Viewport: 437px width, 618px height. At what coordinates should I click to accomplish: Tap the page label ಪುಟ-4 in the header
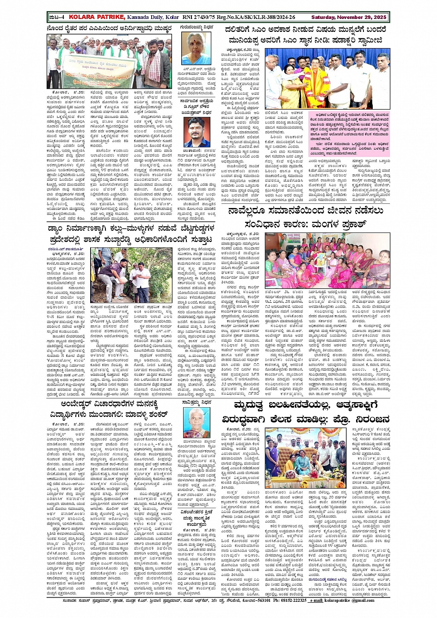coord(56,17)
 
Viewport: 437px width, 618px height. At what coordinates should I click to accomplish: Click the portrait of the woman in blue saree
coord(196,49)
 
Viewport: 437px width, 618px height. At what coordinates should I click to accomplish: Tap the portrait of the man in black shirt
coord(197,132)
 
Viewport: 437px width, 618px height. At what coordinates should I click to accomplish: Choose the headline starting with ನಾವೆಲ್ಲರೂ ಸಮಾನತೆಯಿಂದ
coord(305,217)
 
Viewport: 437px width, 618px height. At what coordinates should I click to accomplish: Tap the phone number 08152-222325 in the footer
coord(289,600)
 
